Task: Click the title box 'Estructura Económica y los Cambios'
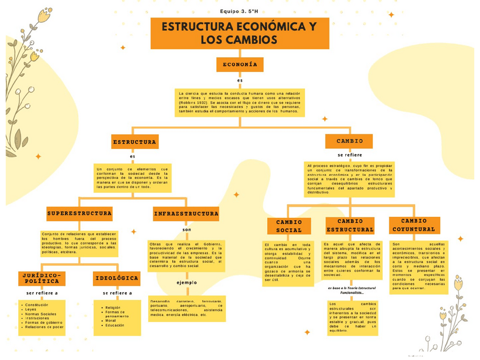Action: tap(239, 33)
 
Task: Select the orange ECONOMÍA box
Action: tap(239, 65)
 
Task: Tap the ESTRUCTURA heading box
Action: tap(134, 142)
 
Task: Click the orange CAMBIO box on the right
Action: tap(349, 141)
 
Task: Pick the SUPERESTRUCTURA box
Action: tap(79, 213)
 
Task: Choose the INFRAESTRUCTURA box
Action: tap(186, 213)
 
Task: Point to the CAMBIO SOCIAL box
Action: tap(289, 226)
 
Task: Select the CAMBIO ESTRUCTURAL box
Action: tap(350, 225)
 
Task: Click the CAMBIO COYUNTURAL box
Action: tap(414, 225)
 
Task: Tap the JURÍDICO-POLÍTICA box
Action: tap(42, 278)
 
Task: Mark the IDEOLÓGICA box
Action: tap(117, 278)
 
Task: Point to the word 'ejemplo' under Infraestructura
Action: tap(187, 282)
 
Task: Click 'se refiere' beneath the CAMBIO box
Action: tap(349, 155)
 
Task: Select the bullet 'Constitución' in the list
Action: tap(37, 305)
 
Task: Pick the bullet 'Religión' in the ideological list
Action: tap(113, 307)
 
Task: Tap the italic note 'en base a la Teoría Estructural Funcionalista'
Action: tap(352, 290)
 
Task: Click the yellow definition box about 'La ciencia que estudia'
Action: tap(239, 102)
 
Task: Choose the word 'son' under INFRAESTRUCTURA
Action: tap(187, 229)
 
